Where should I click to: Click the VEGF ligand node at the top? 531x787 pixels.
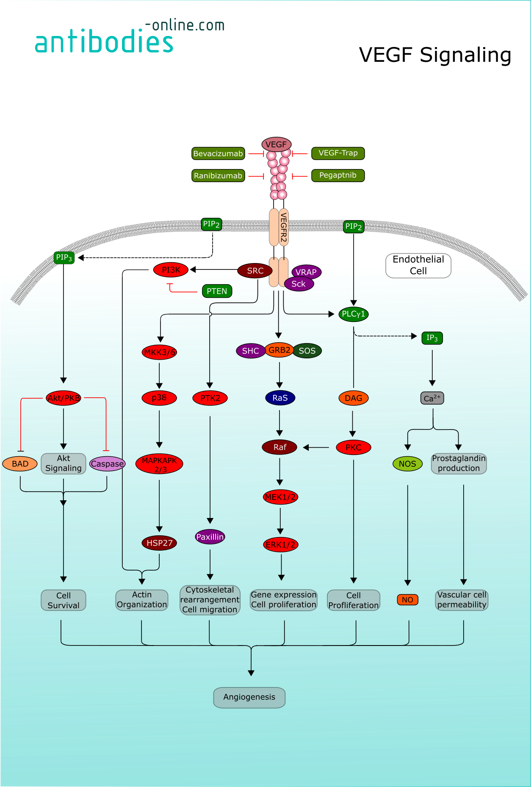[x=276, y=144]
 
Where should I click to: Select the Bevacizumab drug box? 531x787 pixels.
[x=218, y=153]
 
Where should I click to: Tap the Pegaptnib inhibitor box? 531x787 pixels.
[x=337, y=175]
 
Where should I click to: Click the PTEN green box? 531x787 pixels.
[x=217, y=291]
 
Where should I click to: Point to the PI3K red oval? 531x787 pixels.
[x=171, y=270]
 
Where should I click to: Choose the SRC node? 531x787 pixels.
[x=255, y=271]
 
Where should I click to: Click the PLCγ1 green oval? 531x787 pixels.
[x=353, y=314]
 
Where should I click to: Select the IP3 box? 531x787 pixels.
[x=432, y=338]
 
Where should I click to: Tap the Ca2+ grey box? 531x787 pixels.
[x=432, y=398]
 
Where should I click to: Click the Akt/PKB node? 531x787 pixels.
[x=64, y=398]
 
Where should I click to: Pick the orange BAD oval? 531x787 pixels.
[x=20, y=464]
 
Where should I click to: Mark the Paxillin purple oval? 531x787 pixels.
[x=210, y=537]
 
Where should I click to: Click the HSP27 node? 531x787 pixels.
[x=159, y=543]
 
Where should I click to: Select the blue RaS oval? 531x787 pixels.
[x=280, y=398]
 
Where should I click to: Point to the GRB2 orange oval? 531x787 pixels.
[x=279, y=350]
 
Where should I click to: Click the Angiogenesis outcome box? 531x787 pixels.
[x=249, y=697]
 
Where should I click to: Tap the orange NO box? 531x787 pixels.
[x=407, y=600]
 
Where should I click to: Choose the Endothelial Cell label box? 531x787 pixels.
[x=418, y=265]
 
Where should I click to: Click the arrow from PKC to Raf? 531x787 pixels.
[x=316, y=447]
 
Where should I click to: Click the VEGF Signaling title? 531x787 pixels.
[x=435, y=55]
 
